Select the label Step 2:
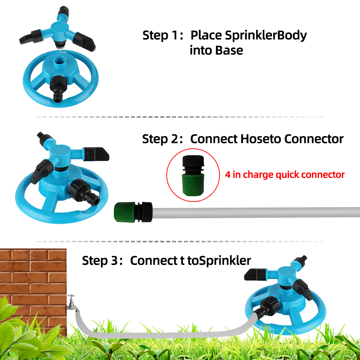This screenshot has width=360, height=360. (x=163, y=139)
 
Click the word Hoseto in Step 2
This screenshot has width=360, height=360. (x=261, y=139)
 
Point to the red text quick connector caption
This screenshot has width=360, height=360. (x=285, y=175)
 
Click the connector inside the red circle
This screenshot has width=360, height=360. (x=193, y=175)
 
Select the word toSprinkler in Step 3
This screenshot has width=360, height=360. (x=219, y=261)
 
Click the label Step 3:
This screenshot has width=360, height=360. (x=102, y=261)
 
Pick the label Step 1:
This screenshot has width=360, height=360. (x=163, y=36)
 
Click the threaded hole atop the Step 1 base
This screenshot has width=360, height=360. (x=60, y=62)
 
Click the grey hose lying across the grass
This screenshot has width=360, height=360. (x=161, y=334)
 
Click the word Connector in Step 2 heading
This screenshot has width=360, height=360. (x=314, y=139)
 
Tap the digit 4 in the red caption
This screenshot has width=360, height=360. (x=228, y=175)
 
